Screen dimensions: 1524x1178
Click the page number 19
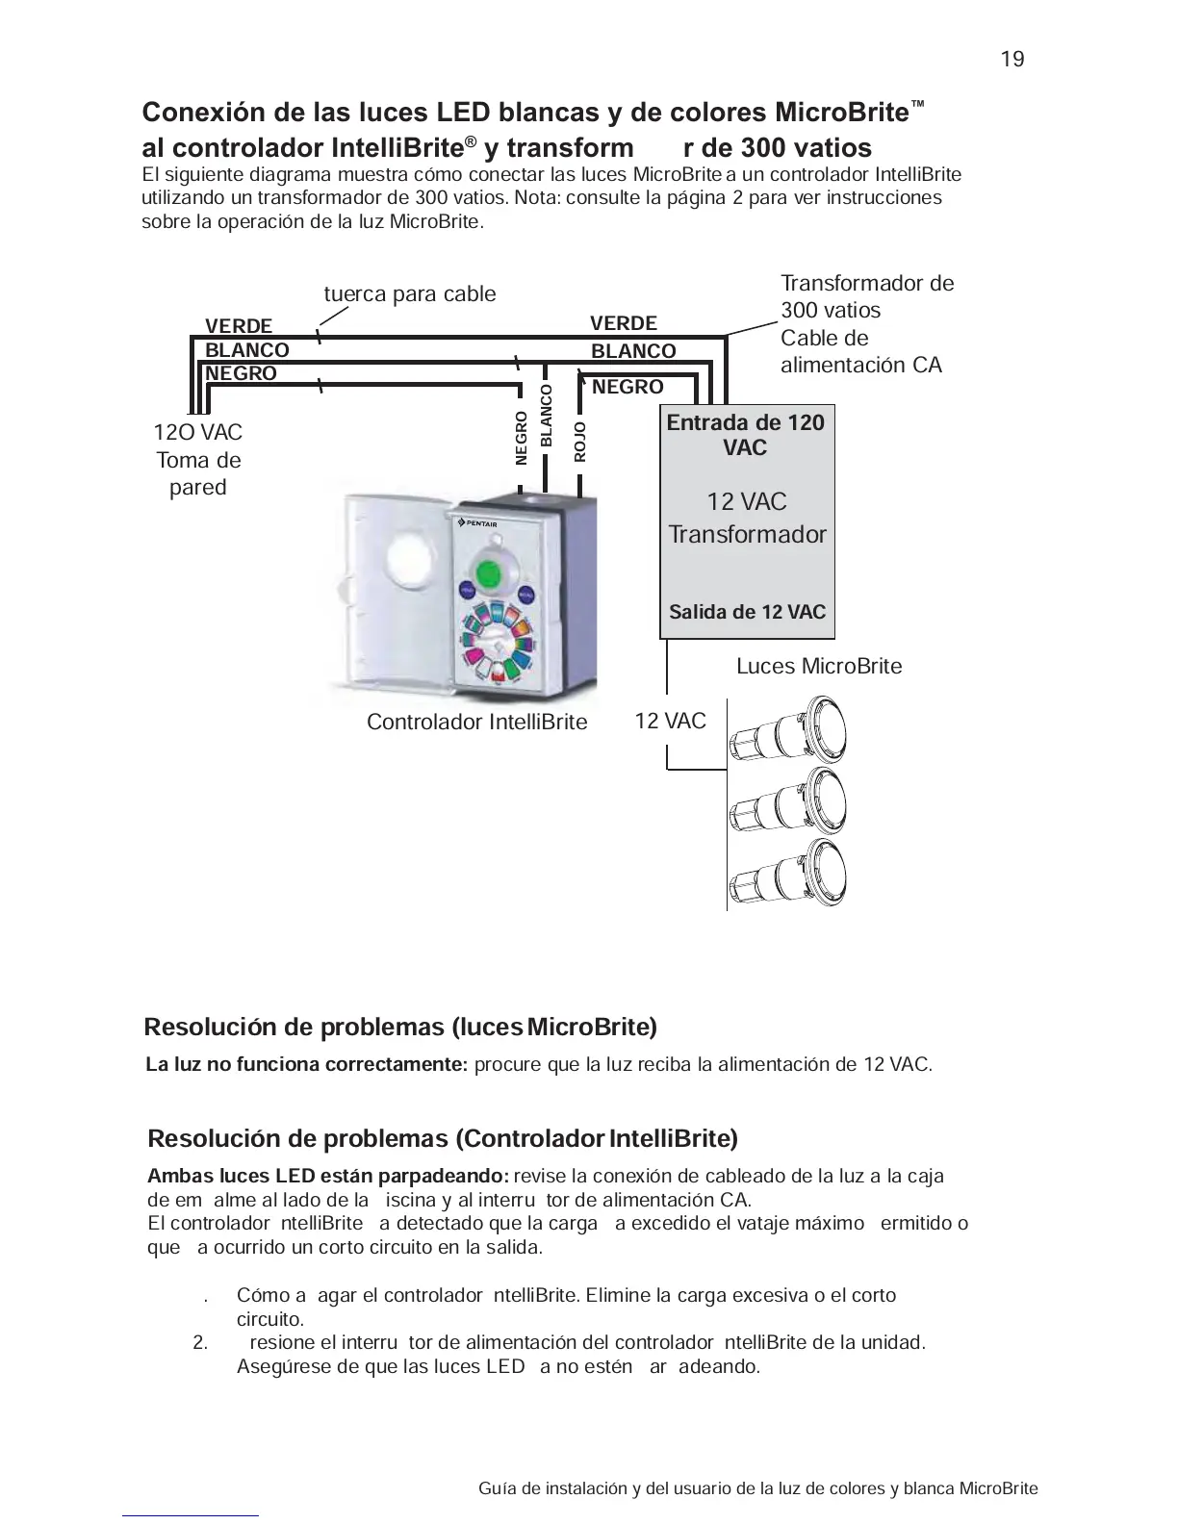[1012, 60]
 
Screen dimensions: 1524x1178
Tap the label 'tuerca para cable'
[410, 294]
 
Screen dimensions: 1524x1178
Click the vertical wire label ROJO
[579, 442]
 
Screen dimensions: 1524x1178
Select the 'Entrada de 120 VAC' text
[746, 435]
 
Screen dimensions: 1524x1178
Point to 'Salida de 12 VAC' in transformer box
[747, 612]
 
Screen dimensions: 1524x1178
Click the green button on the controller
[491, 573]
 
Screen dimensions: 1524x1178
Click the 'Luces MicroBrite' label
[819, 667]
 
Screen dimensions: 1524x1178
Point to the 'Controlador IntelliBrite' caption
[476, 723]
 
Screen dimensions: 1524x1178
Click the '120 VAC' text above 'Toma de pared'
[198, 433]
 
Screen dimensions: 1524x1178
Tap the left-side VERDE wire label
[239, 326]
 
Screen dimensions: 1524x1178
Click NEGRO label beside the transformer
[627, 387]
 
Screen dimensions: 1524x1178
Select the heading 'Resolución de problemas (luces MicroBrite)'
[400, 1028]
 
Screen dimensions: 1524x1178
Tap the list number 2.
[200, 1343]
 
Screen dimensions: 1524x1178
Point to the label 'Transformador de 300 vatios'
[866, 296]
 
